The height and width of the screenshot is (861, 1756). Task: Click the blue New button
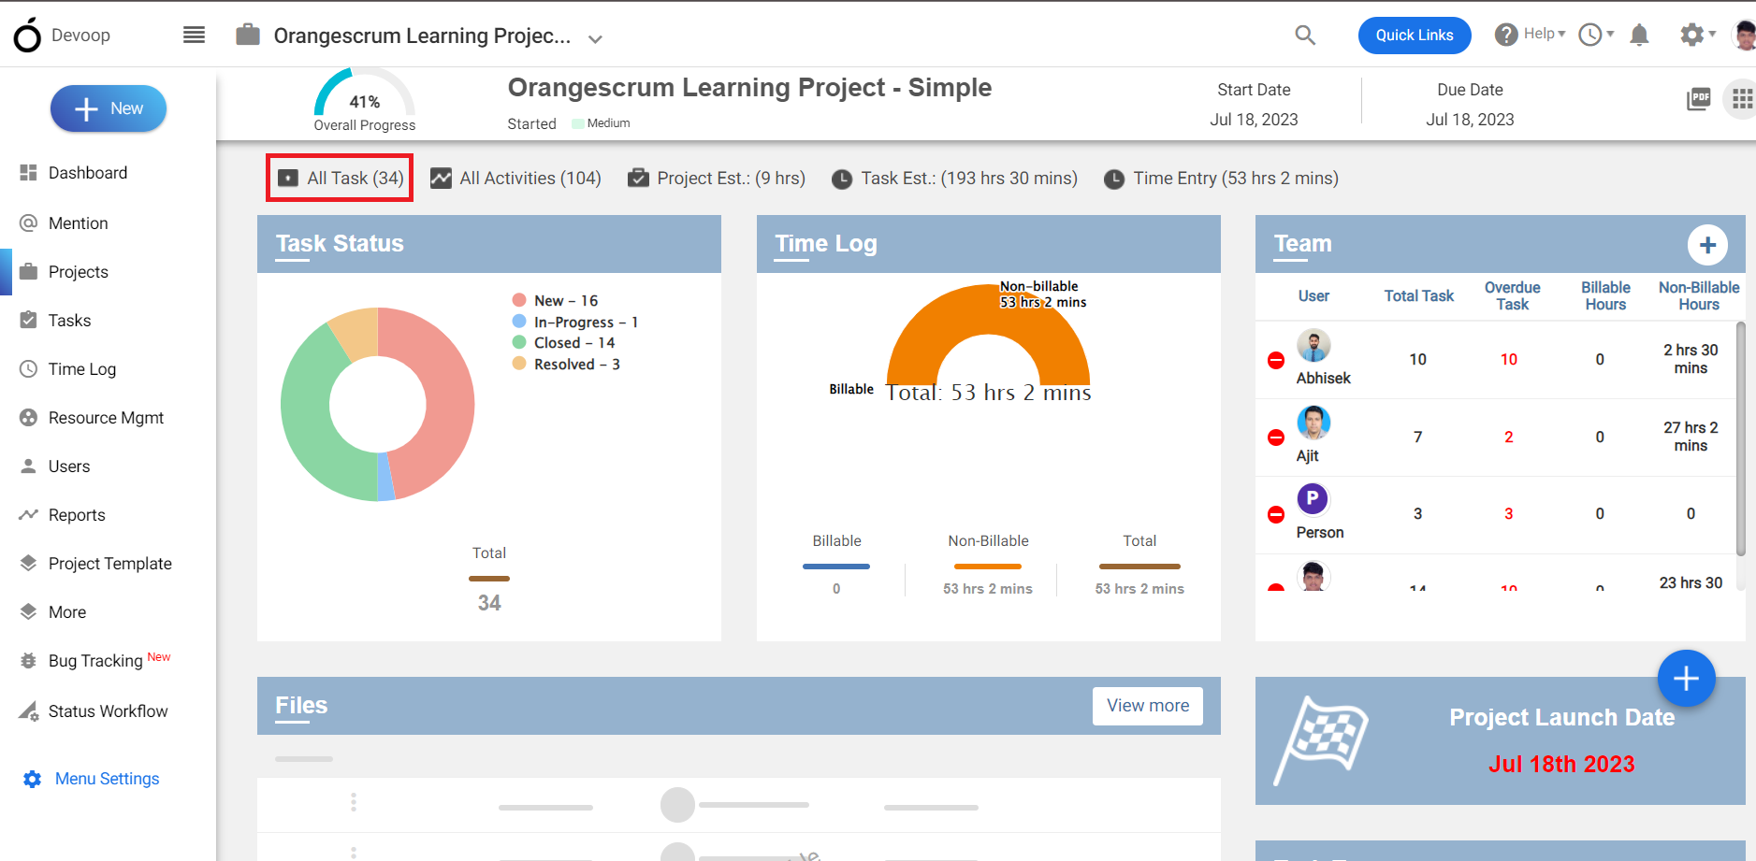click(109, 108)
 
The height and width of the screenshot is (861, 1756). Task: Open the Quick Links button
click(1415, 36)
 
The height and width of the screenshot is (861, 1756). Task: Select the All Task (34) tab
click(341, 178)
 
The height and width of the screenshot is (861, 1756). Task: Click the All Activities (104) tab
click(515, 178)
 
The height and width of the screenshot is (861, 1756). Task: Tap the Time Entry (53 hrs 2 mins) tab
click(1221, 178)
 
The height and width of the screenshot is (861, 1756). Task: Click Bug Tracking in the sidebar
click(94, 661)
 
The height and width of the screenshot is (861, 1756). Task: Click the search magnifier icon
click(1305, 36)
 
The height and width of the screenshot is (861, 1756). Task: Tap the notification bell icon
click(1639, 36)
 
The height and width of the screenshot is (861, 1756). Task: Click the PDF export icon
click(1698, 98)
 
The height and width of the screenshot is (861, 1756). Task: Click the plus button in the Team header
click(1707, 245)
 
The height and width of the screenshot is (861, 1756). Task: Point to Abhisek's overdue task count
click(1509, 360)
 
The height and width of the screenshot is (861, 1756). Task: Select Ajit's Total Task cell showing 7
click(1418, 438)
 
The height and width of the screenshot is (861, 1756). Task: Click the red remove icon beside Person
click(1276, 514)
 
